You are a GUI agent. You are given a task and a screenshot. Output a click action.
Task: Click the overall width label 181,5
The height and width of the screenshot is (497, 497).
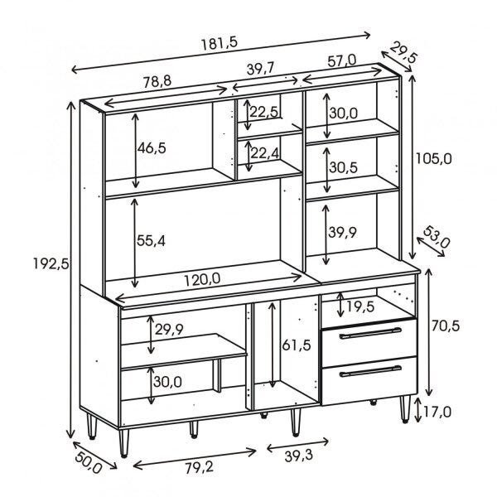(x=220, y=43)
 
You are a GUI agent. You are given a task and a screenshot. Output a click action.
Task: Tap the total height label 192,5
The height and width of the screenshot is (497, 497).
(x=51, y=263)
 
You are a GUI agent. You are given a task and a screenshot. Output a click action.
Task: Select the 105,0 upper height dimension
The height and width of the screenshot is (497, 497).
(x=433, y=158)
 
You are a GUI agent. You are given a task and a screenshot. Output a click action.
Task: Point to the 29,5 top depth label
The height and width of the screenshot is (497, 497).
(x=403, y=52)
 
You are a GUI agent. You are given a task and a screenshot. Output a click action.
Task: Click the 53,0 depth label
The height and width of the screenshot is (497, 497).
(x=437, y=237)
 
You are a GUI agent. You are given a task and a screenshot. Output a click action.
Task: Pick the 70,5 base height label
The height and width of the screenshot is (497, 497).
(x=445, y=326)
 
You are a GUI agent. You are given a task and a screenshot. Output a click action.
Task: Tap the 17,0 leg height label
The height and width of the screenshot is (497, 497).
(x=437, y=412)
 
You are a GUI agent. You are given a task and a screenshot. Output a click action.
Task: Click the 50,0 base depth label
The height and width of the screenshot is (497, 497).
(x=89, y=463)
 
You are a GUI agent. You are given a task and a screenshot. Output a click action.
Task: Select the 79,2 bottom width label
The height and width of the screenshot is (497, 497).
(x=200, y=467)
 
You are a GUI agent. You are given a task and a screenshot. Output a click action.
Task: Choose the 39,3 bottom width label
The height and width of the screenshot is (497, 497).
(x=298, y=456)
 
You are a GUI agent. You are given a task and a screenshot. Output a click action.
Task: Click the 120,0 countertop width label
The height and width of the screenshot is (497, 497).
(x=202, y=280)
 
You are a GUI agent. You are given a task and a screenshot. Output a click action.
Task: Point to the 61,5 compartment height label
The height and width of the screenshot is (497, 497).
(x=297, y=345)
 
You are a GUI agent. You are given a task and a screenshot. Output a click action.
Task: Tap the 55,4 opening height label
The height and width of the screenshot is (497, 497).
(x=151, y=241)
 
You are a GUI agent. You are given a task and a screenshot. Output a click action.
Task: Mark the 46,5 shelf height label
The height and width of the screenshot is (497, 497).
(x=152, y=148)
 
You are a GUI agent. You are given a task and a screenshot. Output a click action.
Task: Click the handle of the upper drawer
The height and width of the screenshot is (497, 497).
(x=370, y=333)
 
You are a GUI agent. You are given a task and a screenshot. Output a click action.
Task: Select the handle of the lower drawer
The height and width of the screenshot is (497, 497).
(x=370, y=371)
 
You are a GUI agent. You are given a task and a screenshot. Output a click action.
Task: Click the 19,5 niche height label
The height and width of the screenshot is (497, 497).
(x=360, y=306)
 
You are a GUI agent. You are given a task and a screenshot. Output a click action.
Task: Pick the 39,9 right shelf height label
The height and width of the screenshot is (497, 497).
(x=342, y=232)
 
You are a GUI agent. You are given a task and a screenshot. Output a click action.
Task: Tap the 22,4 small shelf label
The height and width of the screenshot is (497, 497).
(x=265, y=153)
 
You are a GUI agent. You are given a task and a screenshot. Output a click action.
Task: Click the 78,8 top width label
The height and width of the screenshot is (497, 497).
(x=157, y=81)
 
